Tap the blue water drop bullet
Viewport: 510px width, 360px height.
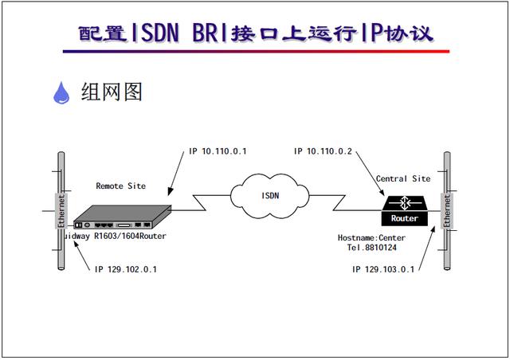tap(61, 94)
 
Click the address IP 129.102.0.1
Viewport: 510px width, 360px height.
tap(125, 270)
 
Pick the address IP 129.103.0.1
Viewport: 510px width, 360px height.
tap(383, 270)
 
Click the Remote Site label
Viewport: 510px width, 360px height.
tap(121, 186)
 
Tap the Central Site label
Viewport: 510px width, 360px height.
tap(403, 179)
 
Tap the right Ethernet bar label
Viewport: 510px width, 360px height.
tap(447, 209)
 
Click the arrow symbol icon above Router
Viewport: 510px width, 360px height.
tap(406, 202)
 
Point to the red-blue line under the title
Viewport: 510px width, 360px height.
tap(255, 52)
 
